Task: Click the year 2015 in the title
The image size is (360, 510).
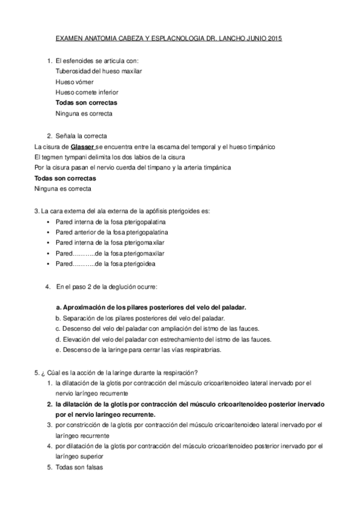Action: [x=273, y=38]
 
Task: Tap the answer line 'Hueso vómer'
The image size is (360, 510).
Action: [x=74, y=81]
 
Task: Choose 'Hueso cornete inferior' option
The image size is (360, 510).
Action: [x=87, y=92]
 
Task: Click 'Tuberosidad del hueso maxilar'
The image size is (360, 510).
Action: [x=98, y=71]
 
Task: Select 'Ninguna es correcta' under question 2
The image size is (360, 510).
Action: [x=63, y=189]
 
